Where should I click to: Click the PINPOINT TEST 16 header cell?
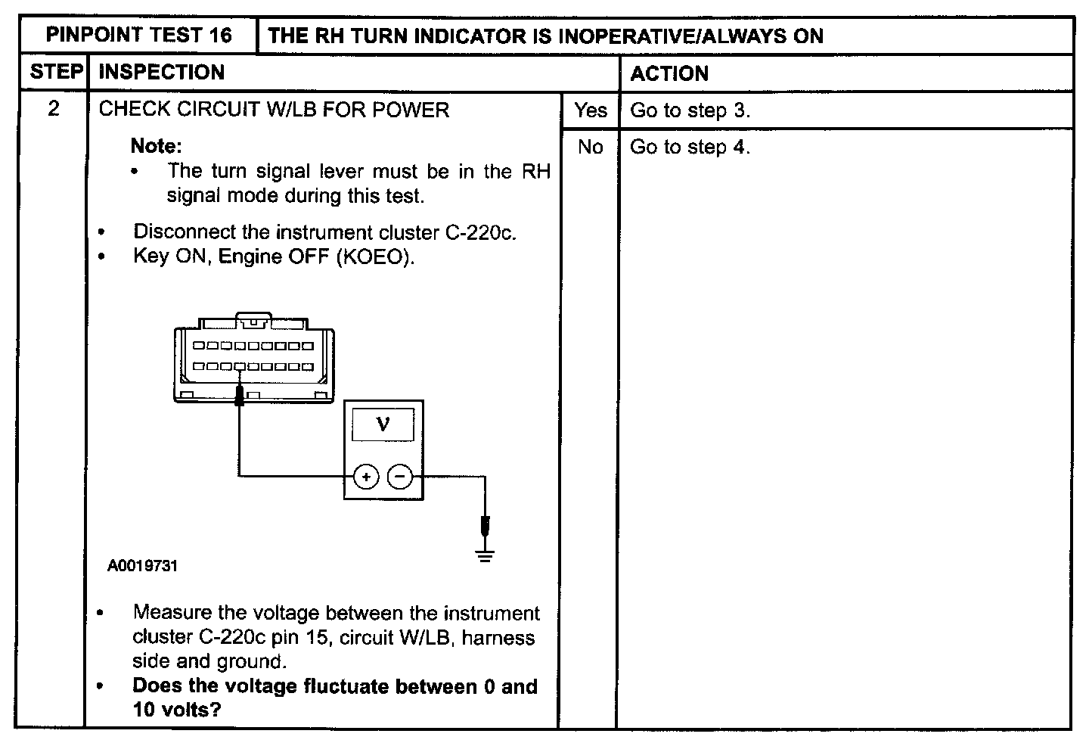click(139, 35)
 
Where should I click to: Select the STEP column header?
click(55, 73)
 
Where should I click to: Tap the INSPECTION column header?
click(162, 73)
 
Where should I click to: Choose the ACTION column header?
click(669, 73)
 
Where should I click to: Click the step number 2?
click(53, 109)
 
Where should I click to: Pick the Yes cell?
click(590, 110)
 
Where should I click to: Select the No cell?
click(590, 147)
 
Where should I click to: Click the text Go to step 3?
click(690, 110)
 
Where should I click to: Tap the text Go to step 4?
click(690, 147)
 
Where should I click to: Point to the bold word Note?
click(157, 145)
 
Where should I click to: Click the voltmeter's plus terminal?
click(366, 477)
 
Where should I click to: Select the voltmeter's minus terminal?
click(400, 477)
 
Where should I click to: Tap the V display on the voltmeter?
click(383, 424)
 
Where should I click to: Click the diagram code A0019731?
click(142, 566)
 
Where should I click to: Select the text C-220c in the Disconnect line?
click(480, 232)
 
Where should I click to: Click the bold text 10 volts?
click(176, 710)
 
